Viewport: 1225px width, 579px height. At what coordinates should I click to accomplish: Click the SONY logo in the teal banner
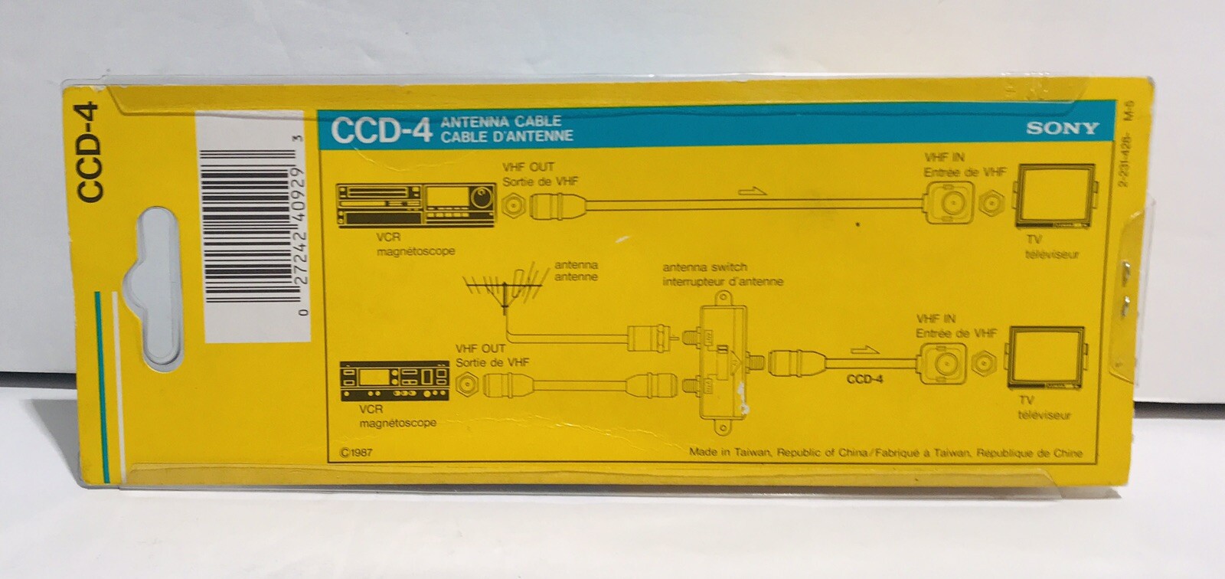(x=1062, y=128)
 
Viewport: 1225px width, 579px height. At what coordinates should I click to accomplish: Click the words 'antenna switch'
(x=704, y=267)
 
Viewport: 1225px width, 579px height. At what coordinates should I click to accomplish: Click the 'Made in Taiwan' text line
(x=885, y=453)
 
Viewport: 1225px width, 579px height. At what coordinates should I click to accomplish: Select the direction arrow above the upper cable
(x=753, y=191)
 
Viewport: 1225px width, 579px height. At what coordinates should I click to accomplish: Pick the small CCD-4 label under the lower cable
(x=864, y=378)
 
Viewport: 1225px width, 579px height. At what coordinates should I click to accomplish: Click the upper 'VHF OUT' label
(x=528, y=166)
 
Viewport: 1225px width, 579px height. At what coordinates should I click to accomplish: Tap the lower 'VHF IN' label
(x=936, y=319)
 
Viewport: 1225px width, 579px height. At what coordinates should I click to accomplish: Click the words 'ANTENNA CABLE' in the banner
(x=507, y=121)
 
